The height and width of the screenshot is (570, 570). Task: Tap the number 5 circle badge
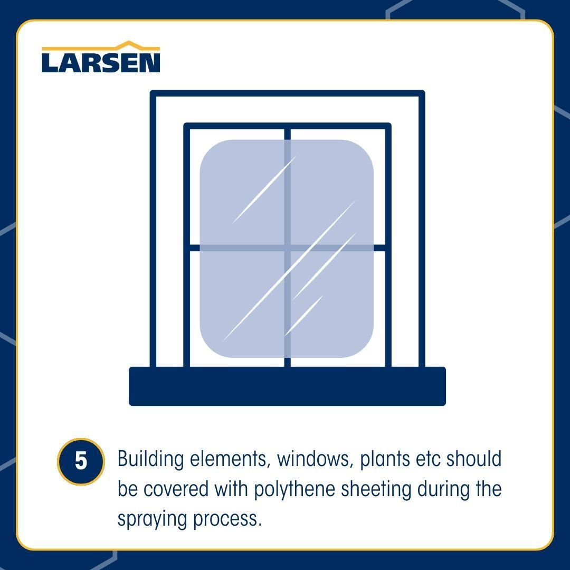pos(80,461)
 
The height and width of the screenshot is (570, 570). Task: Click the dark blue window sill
pos(287,387)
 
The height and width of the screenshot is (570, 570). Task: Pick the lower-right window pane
pos(338,308)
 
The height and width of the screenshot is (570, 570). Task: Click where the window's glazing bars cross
pos(288,248)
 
